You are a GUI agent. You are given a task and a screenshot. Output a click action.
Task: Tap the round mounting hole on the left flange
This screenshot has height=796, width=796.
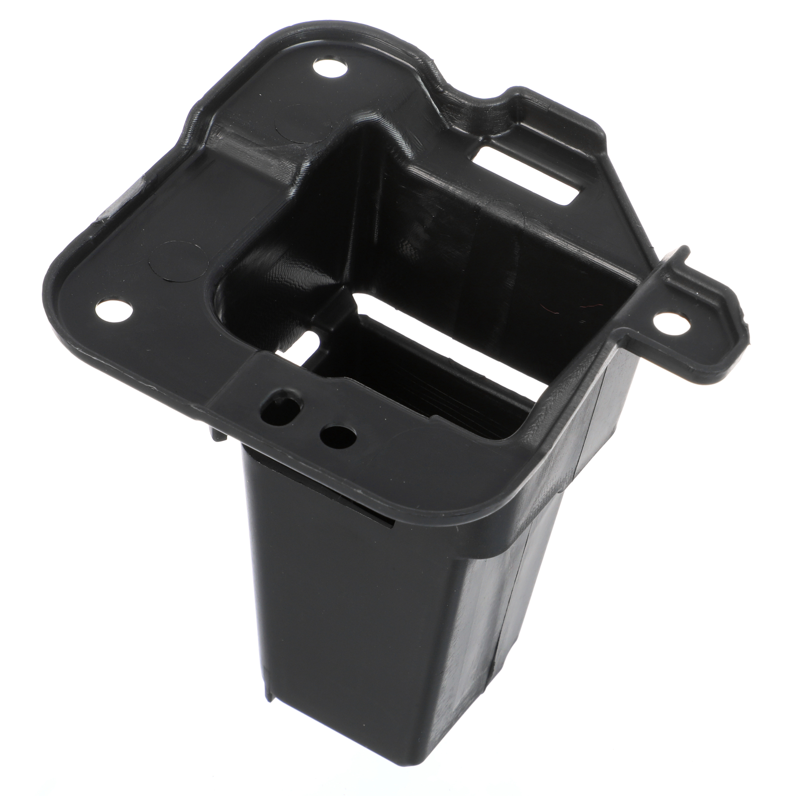pos(116,312)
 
